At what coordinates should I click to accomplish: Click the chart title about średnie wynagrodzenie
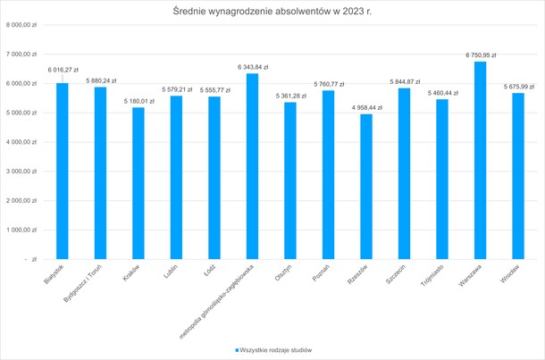(x=272, y=11)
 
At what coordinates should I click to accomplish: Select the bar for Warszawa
(x=480, y=161)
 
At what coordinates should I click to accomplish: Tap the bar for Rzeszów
(x=365, y=187)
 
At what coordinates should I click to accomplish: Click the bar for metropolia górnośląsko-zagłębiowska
(x=252, y=166)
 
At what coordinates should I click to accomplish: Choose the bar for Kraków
(x=138, y=183)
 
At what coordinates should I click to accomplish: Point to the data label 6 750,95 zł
(x=480, y=55)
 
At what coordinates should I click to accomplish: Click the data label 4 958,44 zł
(x=365, y=107)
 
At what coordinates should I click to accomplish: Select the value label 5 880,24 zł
(x=101, y=80)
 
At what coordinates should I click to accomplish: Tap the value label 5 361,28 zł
(x=289, y=96)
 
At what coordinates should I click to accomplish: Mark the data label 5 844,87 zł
(x=405, y=81)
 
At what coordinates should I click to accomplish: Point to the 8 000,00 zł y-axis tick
(x=21, y=25)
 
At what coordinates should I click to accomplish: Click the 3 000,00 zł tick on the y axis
(x=21, y=172)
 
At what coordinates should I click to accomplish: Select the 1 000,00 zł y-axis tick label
(x=21, y=230)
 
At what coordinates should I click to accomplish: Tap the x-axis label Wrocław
(x=510, y=277)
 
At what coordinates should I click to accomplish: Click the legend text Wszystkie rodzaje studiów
(x=276, y=350)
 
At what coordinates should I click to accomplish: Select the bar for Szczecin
(x=404, y=174)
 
